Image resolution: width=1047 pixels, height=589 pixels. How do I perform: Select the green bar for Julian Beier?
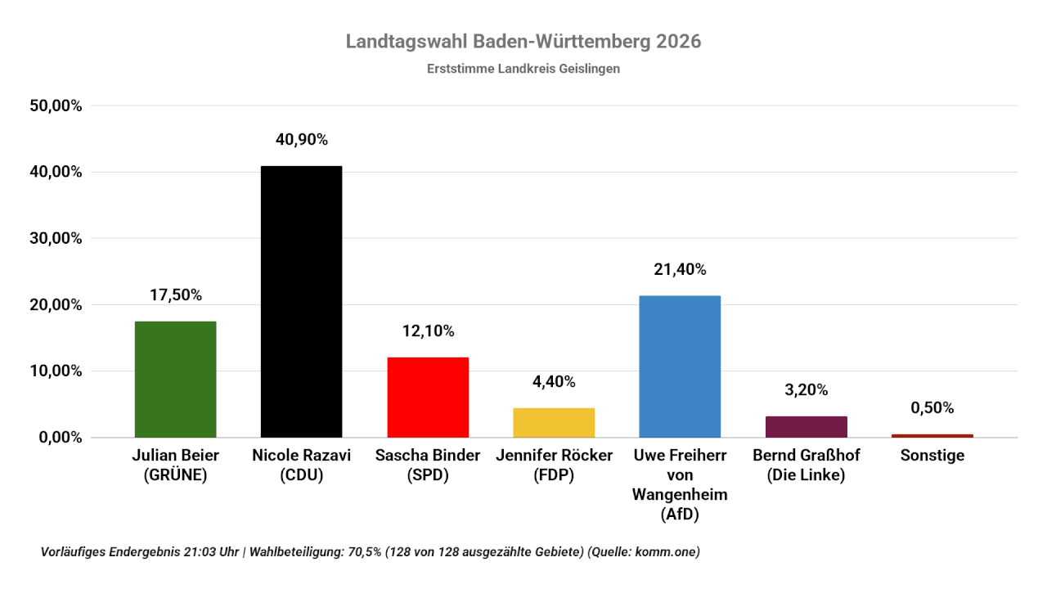(x=175, y=379)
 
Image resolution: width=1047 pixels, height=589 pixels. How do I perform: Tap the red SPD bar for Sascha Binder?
(x=428, y=397)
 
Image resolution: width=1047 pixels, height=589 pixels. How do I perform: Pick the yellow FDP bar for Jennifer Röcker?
(x=554, y=422)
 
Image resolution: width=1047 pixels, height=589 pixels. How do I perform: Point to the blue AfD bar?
(x=680, y=366)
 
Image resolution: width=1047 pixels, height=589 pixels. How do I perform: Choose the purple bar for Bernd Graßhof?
(x=807, y=426)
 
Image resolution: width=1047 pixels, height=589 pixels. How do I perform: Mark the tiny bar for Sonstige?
(x=932, y=435)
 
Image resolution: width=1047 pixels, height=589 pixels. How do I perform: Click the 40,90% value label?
(x=301, y=140)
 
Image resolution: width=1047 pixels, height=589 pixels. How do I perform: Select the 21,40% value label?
(x=680, y=269)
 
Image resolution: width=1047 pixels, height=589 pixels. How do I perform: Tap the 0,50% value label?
(x=932, y=407)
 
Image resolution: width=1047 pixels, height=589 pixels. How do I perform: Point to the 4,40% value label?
(x=554, y=382)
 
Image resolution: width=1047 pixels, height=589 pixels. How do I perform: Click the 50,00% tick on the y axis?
(x=56, y=106)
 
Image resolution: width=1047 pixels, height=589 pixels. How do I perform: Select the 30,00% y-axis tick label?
(x=56, y=238)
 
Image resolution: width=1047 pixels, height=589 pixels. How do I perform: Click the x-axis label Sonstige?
(x=932, y=456)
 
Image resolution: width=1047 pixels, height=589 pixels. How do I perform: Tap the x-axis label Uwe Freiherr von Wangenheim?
(x=680, y=485)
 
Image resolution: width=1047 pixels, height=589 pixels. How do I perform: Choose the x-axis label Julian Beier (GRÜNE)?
(x=175, y=465)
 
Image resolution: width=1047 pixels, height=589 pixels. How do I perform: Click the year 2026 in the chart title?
(x=678, y=42)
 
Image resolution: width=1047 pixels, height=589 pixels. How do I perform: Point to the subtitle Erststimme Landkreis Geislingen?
(x=523, y=69)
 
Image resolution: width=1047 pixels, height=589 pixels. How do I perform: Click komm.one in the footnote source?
(x=668, y=552)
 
